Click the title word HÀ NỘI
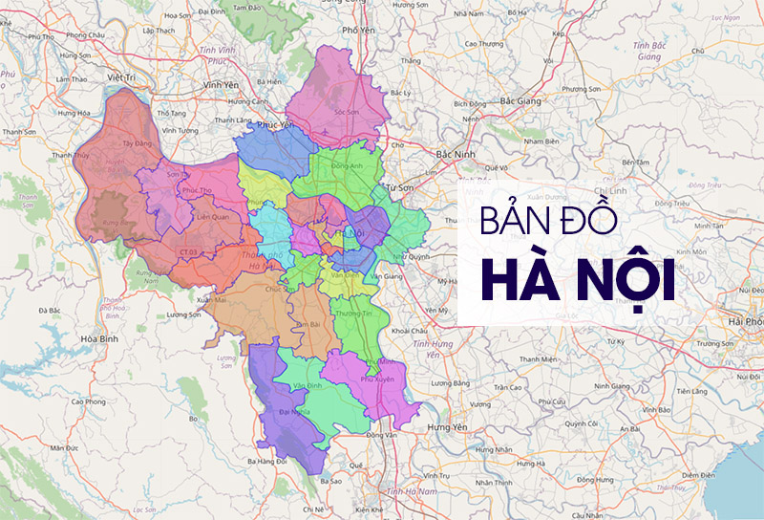coord(578,277)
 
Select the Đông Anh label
coord(345,166)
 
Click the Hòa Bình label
coord(98,339)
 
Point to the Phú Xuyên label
coord(377,379)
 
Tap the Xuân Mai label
coord(211,300)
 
